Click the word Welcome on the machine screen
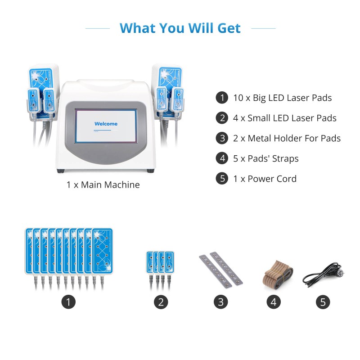point(106,124)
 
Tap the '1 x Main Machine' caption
point(103,185)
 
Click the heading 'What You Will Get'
point(180,28)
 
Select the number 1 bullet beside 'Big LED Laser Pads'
point(222,98)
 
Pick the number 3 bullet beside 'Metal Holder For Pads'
point(222,138)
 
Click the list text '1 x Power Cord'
point(265,179)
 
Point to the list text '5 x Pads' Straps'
point(266,159)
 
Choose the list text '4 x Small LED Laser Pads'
point(285,118)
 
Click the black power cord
point(323,275)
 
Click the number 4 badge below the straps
point(274,302)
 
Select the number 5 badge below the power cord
point(323,302)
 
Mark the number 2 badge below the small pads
point(161,302)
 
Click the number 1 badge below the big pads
point(68,302)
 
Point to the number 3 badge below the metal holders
point(220,302)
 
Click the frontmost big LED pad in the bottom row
point(103,252)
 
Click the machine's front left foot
point(61,171)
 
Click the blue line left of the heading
point(98,28)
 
